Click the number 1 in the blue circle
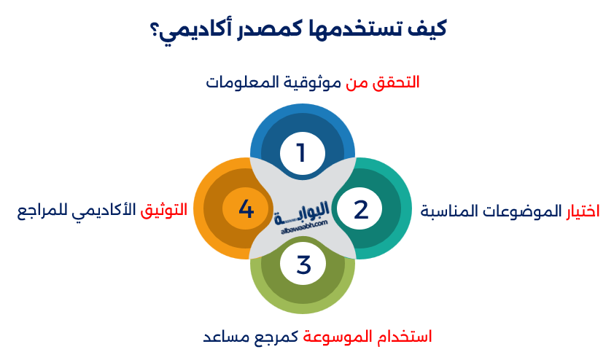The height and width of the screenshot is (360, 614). coord(300,153)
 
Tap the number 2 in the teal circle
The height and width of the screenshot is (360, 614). coord(361,210)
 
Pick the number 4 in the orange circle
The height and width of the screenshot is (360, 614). coord(246,210)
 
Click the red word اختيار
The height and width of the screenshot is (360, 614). coord(583,211)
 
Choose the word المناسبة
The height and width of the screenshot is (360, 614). coord(448,211)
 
